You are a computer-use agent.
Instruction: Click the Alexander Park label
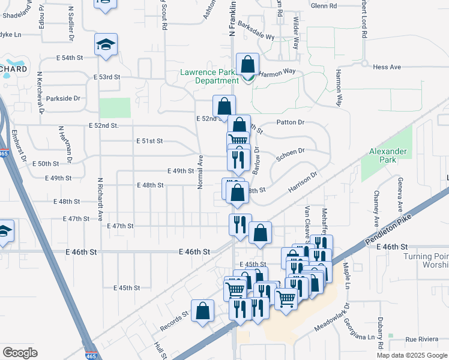coord(388,156)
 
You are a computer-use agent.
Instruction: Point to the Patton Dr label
coord(291,122)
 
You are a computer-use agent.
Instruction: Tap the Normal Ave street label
coord(201,172)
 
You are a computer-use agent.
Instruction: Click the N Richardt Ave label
coord(100,199)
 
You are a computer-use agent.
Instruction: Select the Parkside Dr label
coord(63,98)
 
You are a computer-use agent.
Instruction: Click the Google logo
coord(20,352)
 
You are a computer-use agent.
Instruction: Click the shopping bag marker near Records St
coord(203,311)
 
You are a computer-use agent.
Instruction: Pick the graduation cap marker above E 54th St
coord(106,45)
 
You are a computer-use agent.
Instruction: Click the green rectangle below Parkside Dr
coord(115,107)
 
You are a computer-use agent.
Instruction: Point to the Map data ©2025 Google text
coord(412,355)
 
